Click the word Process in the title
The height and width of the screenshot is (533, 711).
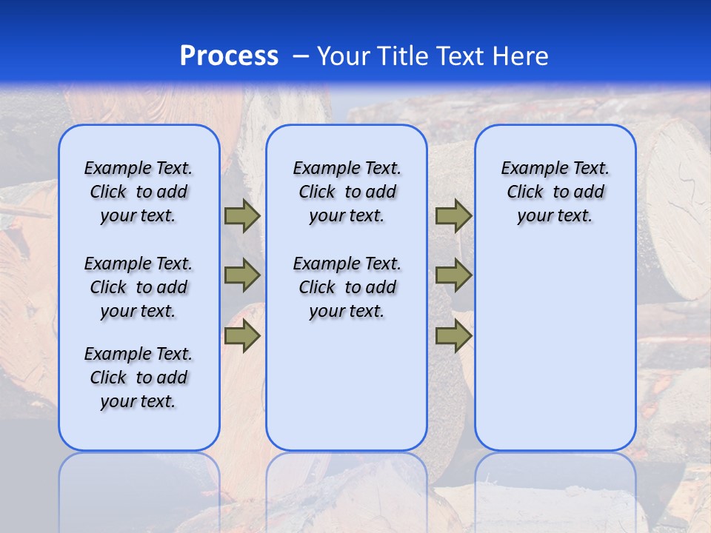(229, 56)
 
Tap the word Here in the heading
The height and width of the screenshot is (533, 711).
(520, 56)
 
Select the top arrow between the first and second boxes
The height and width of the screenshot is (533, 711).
(241, 216)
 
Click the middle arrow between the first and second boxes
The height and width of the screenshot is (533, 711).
(241, 275)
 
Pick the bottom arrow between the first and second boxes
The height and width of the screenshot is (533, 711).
(241, 336)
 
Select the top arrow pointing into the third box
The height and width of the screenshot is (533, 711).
(453, 216)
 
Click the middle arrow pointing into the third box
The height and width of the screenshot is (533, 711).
(453, 275)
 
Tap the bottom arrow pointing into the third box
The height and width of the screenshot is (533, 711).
(453, 336)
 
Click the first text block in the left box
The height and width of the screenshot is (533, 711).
(138, 192)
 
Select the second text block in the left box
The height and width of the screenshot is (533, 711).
(138, 287)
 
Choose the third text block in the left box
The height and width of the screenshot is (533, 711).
(138, 378)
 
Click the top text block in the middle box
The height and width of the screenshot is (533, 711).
(347, 192)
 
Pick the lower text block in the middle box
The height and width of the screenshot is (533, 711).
(347, 287)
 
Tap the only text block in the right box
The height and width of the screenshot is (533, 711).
(555, 192)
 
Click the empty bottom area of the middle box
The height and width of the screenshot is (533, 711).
(347, 392)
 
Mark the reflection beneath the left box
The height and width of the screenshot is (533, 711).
(139, 481)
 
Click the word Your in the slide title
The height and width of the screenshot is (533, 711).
(344, 56)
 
